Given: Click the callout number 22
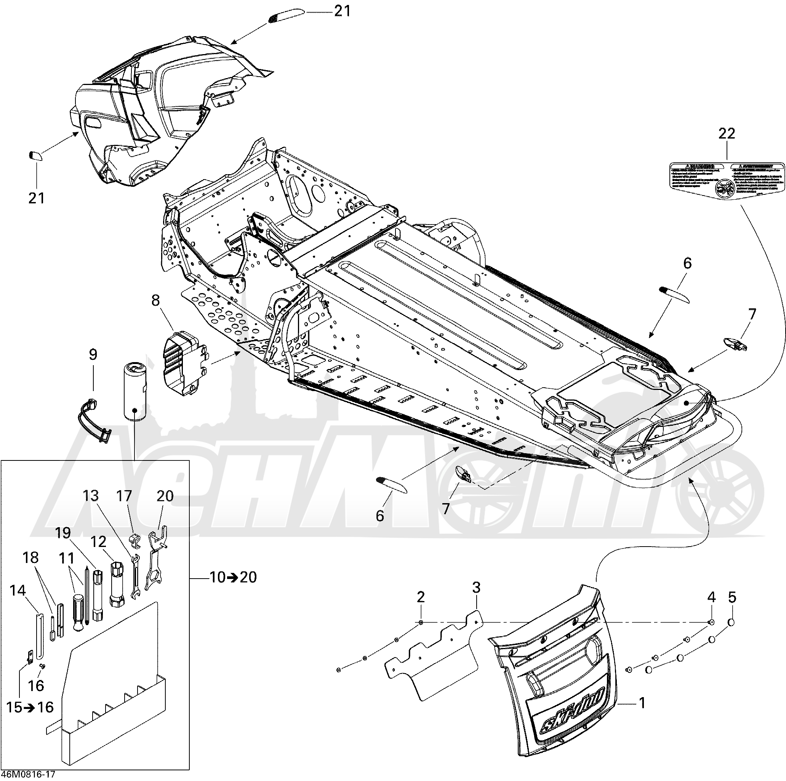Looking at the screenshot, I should coord(727,133).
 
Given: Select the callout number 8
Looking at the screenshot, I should coord(155,301).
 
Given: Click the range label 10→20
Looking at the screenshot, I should coord(233,577).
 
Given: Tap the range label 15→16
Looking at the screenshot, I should coord(30,707).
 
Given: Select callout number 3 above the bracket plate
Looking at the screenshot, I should coord(476,587).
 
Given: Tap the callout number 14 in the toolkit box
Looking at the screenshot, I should coord(17,590).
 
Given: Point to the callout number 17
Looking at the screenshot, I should coord(124,496).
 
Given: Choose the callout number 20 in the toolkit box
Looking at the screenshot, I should coord(165,496).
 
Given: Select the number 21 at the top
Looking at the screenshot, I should coord(342,11).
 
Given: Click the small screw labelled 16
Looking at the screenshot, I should coord(42,666).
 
